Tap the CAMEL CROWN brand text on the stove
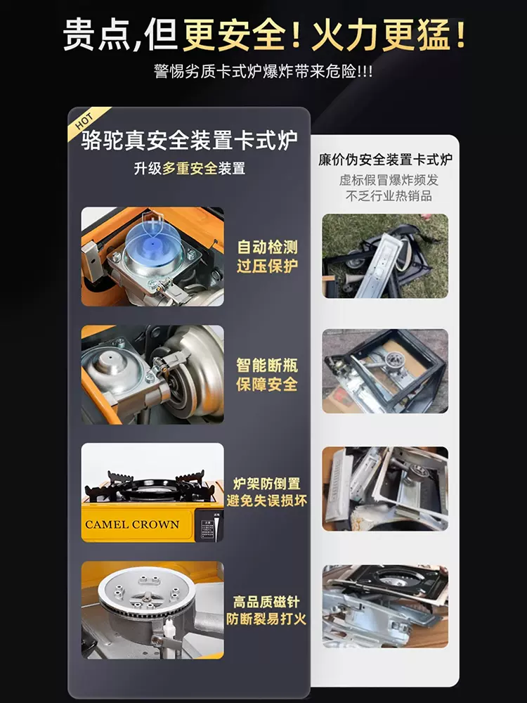pyautogui.click(x=132, y=524)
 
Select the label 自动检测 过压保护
pyautogui.click(x=267, y=256)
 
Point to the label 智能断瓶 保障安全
pyautogui.click(x=267, y=375)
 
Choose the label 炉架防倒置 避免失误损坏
pyautogui.click(x=266, y=492)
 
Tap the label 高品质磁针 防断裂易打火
pyautogui.click(x=266, y=610)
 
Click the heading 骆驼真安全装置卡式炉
pyautogui.click(x=190, y=141)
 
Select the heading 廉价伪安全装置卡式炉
pyautogui.click(x=385, y=159)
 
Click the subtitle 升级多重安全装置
pyautogui.click(x=190, y=169)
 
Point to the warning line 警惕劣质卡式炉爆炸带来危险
pyautogui.click(x=263, y=71)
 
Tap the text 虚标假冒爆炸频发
pyautogui.click(x=389, y=180)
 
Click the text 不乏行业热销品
pyautogui.click(x=389, y=195)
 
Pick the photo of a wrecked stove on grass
pyautogui.click(x=385, y=256)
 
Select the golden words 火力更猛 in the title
pyautogui.click(x=381, y=35)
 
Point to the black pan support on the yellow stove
pyautogui.click(x=152, y=486)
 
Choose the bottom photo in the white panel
pyautogui.click(x=385, y=606)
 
